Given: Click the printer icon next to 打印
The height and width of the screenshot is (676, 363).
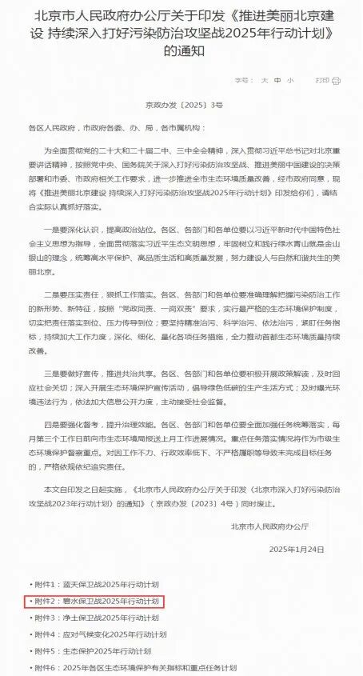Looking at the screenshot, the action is (336, 81).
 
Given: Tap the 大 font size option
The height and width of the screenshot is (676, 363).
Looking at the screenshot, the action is (263, 81).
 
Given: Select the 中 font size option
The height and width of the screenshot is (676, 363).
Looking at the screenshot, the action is (277, 81).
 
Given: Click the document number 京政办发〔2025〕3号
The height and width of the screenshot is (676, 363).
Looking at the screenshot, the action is (181, 104).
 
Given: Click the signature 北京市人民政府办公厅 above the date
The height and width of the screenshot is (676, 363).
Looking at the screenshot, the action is (269, 525).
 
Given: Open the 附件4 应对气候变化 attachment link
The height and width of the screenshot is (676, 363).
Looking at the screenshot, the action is (100, 634).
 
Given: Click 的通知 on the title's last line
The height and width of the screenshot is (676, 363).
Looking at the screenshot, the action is (181, 50).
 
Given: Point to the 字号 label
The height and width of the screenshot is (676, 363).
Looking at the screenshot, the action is (243, 81).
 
